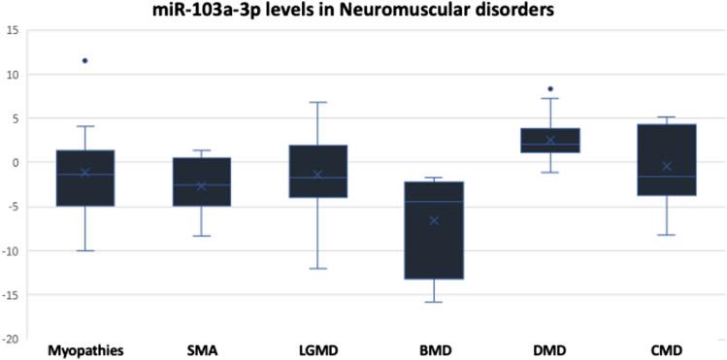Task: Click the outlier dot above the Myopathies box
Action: pos(85,61)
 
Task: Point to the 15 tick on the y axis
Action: pos(13,30)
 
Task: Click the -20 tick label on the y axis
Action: pos(11,340)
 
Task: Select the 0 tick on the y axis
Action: pos(16,163)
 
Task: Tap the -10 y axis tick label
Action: pos(11,251)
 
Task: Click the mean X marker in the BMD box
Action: pos(435,220)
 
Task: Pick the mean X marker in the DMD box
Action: pos(550,141)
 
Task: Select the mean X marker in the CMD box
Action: pos(667,167)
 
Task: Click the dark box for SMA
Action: pos(201,181)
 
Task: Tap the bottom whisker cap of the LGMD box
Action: pos(317,269)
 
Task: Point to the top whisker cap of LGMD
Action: pos(317,102)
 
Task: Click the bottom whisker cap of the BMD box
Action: pos(435,302)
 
